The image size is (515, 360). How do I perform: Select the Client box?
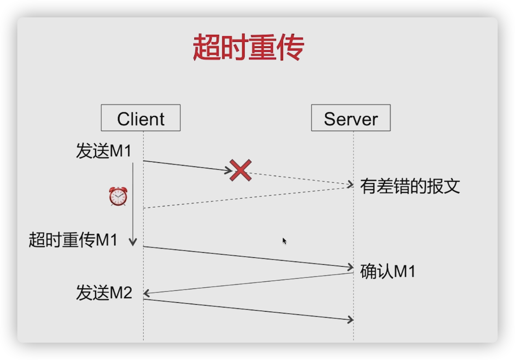(140, 118)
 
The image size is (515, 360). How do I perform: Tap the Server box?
(351, 118)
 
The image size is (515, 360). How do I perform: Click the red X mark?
(241, 171)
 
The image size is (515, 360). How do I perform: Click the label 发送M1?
(104, 151)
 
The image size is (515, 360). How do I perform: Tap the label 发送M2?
(104, 292)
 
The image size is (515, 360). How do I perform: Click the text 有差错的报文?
(410, 186)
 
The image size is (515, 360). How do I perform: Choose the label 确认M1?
(388, 272)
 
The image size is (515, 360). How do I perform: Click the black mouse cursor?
(285, 241)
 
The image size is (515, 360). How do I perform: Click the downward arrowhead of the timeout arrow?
(133, 243)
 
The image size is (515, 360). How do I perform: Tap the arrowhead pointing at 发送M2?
(147, 293)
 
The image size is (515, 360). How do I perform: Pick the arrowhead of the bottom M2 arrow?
(351, 319)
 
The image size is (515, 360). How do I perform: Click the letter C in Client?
(123, 119)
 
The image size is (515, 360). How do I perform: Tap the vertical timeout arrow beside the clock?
(133, 203)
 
